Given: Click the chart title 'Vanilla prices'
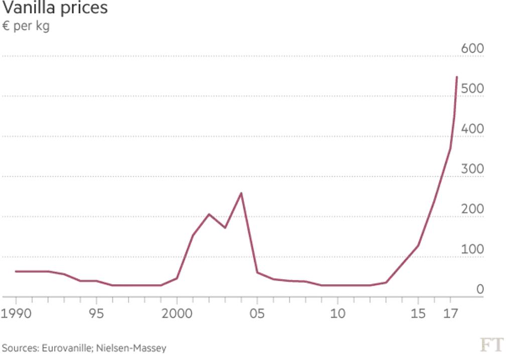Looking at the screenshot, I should point(55,9).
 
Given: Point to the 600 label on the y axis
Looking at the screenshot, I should point(472,49).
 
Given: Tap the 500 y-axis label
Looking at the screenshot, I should point(472,89).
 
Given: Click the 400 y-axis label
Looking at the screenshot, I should point(472,129).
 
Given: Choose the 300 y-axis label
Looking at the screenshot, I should point(472,169).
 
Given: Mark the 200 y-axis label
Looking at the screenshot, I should point(472,209).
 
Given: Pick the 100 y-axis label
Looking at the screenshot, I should point(472,250).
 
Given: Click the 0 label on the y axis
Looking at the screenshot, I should point(480,290).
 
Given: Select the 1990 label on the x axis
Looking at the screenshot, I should point(17,314).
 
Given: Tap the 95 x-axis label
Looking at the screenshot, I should point(96,314).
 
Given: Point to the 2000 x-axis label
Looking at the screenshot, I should point(177,314).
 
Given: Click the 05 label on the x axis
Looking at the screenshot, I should point(257,314).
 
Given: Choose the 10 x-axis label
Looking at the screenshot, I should point(337,314).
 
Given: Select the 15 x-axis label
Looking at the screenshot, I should point(418,314).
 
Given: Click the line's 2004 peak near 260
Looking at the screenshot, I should point(241,193).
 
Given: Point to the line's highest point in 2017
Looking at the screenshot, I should point(456,77).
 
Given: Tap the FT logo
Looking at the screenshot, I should point(491,345).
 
